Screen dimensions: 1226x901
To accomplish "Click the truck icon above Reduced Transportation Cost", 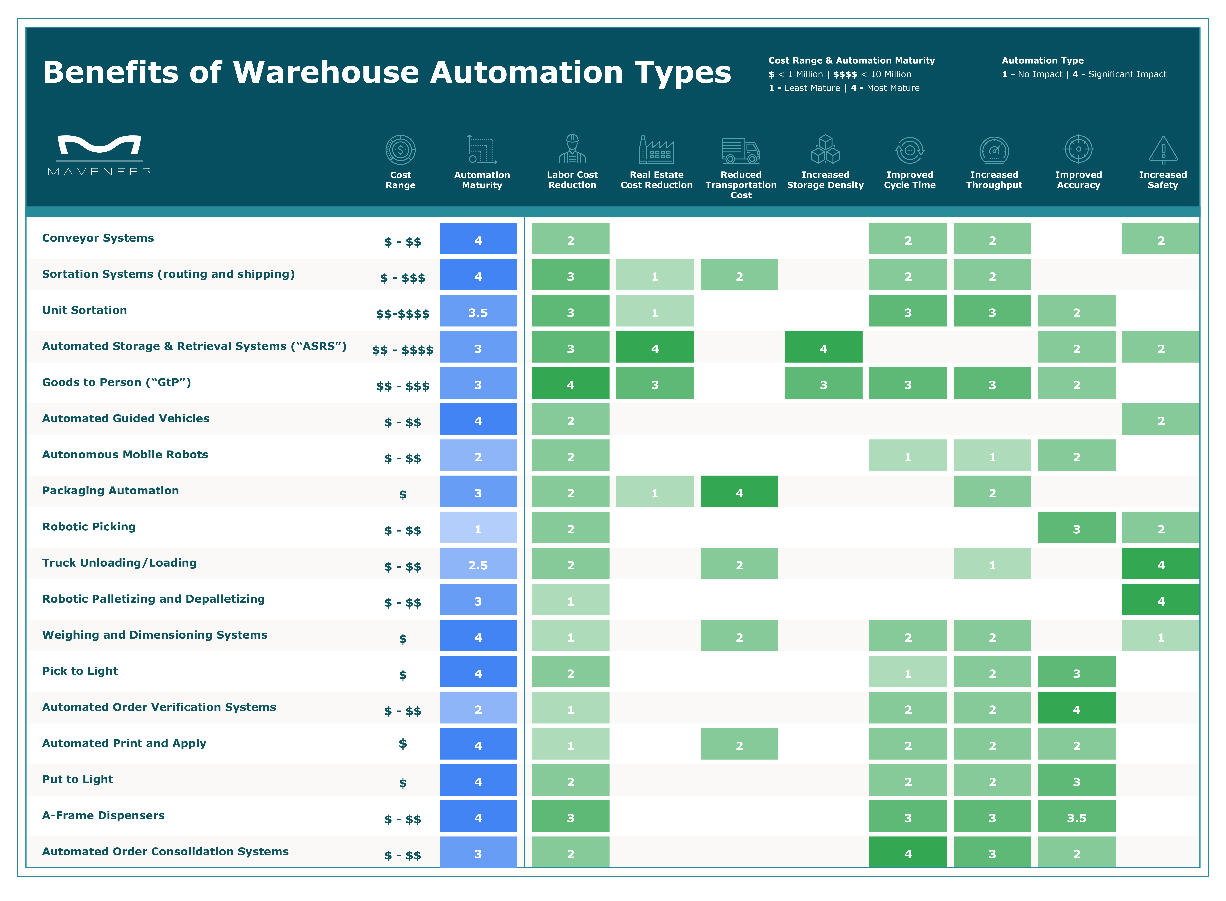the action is pyautogui.click(x=741, y=151).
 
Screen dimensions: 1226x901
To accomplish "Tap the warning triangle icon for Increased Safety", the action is pyautogui.click(x=1163, y=150).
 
